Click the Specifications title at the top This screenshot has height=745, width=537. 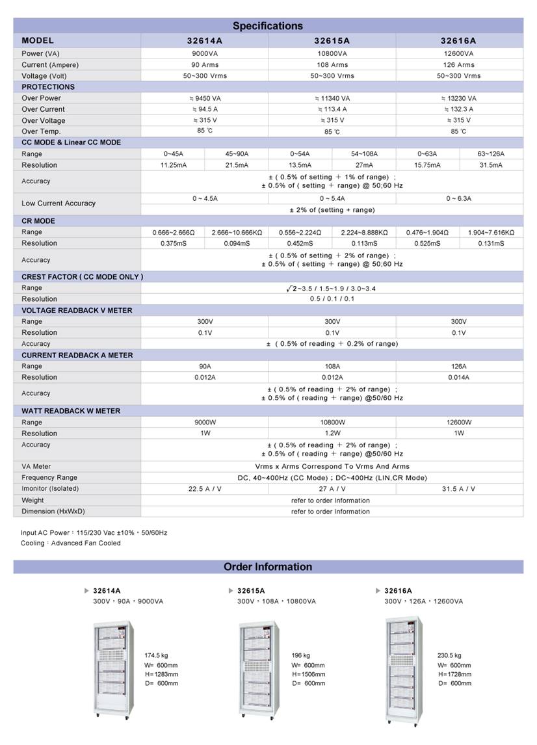268,26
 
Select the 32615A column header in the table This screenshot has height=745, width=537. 332,40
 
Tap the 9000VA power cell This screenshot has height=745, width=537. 205,54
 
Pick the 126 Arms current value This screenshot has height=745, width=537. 458,65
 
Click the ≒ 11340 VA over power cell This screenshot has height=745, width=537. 332,98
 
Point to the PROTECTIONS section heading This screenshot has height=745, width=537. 48,87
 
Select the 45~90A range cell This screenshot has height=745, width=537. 237,154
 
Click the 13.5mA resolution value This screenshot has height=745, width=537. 300,165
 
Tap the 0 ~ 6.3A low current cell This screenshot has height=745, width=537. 458,198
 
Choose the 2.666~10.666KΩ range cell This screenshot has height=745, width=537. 237,232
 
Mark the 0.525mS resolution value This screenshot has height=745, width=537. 427,243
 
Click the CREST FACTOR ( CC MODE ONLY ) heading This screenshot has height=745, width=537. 82,277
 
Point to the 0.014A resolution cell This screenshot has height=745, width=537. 458,377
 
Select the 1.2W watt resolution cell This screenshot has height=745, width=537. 332,433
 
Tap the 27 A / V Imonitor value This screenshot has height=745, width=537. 332,489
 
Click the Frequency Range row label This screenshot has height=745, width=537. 49,478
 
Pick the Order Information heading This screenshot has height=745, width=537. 268,567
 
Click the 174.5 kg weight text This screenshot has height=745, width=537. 157,656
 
